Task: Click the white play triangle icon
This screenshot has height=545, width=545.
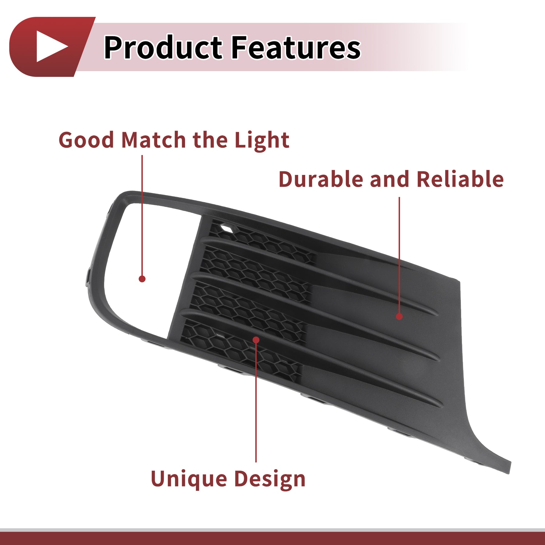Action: [50, 46]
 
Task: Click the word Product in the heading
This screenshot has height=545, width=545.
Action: [163, 47]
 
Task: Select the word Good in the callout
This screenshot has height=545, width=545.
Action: [86, 140]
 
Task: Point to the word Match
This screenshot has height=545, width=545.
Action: [154, 140]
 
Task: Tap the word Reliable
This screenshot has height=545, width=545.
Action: [460, 179]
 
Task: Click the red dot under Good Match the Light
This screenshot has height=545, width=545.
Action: [142, 279]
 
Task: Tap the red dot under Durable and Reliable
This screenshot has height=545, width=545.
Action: [399, 316]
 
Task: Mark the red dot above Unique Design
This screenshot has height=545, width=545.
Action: [256, 340]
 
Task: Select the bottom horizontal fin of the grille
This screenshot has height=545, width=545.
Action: [312, 357]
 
